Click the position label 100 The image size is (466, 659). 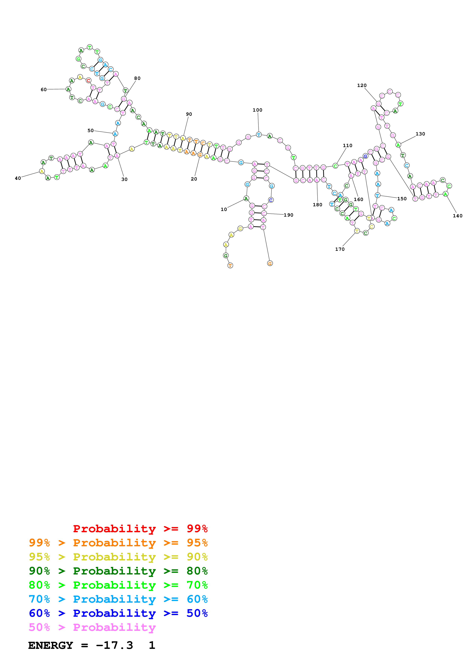pyautogui.click(x=257, y=110)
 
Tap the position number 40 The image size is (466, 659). pyautogui.click(x=18, y=178)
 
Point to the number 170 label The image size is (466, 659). pyautogui.click(x=340, y=249)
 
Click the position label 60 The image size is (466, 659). pyautogui.click(x=44, y=90)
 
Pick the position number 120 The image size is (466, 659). pyautogui.click(x=362, y=85)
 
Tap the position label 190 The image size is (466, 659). pyautogui.click(x=288, y=215)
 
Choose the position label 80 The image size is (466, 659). pyautogui.click(x=137, y=78)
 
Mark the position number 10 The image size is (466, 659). pyautogui.click(x=224, y=209)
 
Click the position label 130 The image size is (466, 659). pyautogui.click(x=420, y=134)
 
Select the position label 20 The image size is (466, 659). pyautogui.click(x=194, y=179)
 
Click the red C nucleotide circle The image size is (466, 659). pyautogui.click(x=88, y=81)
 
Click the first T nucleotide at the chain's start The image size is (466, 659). pyautogui.click(x=230, y=265)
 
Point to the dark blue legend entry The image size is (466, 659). pyautogui.click(x=118, y=613)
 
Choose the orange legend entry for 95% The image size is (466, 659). pyautogui.click(x=118, y=543)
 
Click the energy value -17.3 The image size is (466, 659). pyautogui.click(x=114, y=645)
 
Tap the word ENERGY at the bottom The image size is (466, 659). pyautogui.click(x=51, y=645)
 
